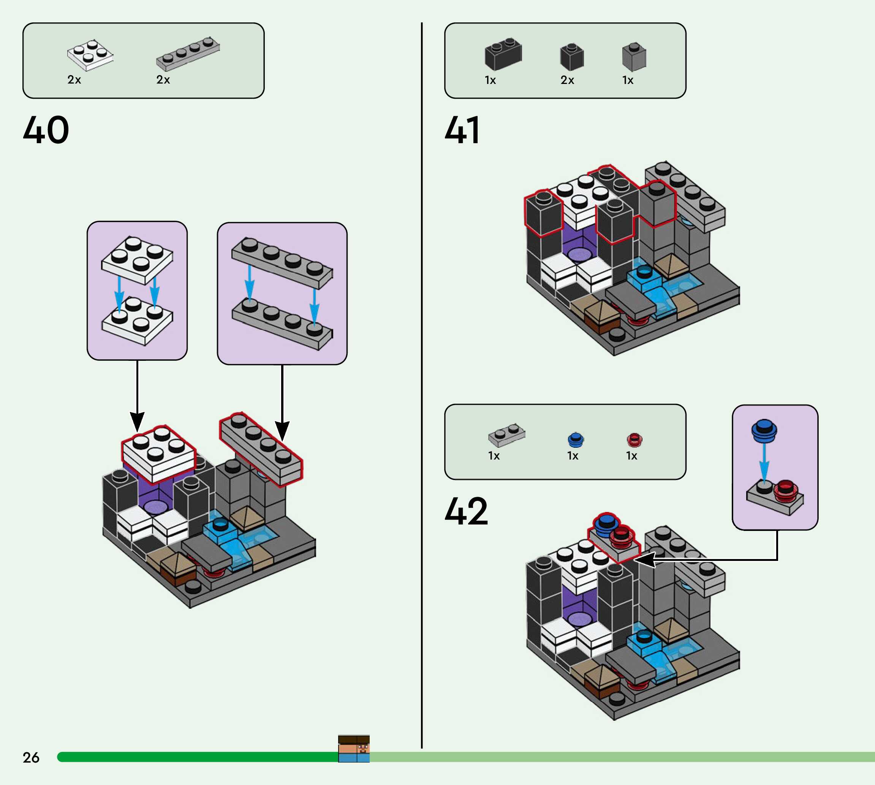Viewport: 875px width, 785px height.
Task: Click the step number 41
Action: [x=462, y=130]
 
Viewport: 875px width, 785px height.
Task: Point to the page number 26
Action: [x=31, y=757]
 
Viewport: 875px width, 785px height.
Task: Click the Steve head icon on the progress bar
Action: [x=354, y=749]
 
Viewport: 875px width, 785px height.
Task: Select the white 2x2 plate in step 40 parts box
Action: [x=90, y=55]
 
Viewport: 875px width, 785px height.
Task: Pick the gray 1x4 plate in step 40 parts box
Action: [x=188, y=54]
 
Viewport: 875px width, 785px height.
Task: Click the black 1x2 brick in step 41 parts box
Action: [x=503, y=54]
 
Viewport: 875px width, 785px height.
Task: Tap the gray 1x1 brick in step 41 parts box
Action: [x=634, y=57]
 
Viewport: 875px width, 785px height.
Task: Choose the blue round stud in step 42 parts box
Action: [x=575, y=439]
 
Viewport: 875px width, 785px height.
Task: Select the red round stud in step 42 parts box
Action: [x=634, y=439]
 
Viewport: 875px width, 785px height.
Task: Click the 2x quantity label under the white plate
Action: [x=74, y=80]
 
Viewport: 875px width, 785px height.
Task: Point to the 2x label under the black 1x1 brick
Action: [x=567, y=80]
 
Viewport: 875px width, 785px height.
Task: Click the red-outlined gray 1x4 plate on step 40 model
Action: [x=261, y=450]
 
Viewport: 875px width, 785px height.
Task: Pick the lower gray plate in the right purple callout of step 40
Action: [x=282, y=324]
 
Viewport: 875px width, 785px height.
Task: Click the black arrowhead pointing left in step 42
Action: [x=645, y=560]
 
